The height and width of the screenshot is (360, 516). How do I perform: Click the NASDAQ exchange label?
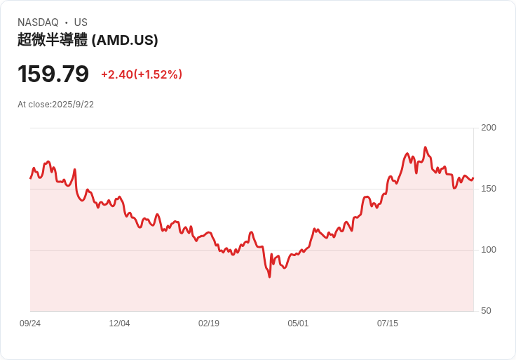point(38,22)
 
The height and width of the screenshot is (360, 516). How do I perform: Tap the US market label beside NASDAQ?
point(81,22)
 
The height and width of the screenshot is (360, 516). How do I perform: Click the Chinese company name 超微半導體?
point(53,40)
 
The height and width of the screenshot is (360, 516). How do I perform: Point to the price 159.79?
point(53,74)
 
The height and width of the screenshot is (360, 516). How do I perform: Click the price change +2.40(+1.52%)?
point(142,74)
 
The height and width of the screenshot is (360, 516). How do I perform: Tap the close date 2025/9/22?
point(73,105)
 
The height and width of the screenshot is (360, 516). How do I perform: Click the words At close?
point(34,105)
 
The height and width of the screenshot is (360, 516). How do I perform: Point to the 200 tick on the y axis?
point(488,128)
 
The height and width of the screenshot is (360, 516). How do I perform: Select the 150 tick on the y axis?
point(488,189)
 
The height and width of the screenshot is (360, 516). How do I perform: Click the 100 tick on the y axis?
point(488,250)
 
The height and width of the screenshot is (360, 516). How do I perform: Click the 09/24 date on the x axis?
point(30,324)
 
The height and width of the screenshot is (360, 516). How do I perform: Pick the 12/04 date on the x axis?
point(119,324)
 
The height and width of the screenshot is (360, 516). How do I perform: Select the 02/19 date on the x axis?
point(209,324)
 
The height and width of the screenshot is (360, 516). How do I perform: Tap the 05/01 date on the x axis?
point(298,324)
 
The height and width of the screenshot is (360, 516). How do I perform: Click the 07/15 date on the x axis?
point(388,324)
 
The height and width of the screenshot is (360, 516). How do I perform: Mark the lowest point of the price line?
point(269,277)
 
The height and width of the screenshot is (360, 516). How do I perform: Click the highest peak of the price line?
point(425,147)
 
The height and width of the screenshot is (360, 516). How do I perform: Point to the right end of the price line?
point(473,178)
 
